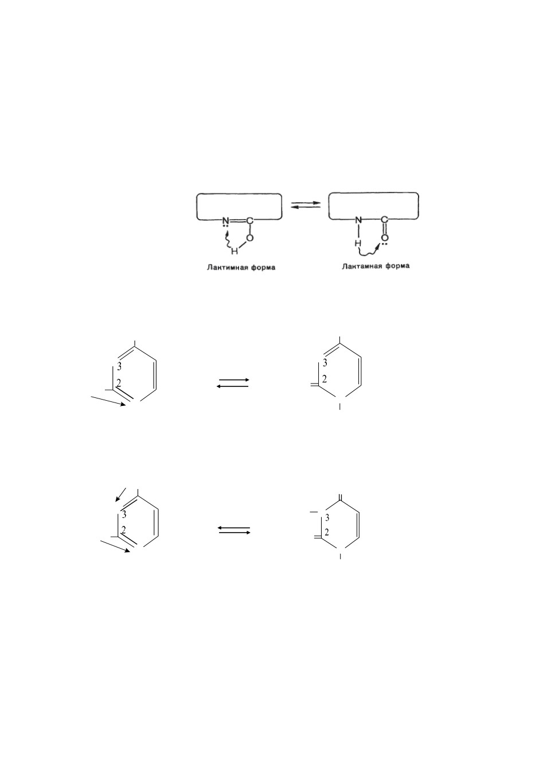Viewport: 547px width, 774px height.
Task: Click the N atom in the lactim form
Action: [225, 220]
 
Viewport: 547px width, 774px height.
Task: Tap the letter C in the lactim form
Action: [250, 220]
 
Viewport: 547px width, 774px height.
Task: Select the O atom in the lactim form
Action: [250, 238]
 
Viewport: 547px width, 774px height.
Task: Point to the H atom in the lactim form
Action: [235, 252]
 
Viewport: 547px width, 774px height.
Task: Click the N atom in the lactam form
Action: [359, 220]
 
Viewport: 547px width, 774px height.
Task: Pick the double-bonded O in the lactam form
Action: [385, 238]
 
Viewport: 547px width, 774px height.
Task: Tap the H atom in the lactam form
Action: [358, 244]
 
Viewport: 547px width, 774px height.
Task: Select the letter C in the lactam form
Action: [385, 220]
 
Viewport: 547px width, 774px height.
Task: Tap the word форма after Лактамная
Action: [397, 266]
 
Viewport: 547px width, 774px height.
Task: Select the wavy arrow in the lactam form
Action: [369, 250]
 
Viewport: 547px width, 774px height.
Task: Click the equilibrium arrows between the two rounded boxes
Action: [306, 205]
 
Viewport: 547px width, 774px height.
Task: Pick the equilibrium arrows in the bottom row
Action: [234, 530]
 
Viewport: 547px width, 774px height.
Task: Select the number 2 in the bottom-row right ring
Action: [327, 532]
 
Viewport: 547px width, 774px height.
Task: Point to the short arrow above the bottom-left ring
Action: [120, 494]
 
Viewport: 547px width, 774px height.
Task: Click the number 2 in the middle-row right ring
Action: [325, 380]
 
